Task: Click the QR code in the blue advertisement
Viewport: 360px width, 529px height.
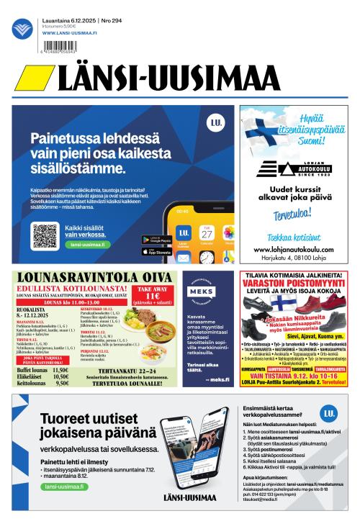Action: pyautogui.click(x=45, y=235)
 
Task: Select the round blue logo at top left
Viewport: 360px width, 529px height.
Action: pyautogui.click(x=22, y=30)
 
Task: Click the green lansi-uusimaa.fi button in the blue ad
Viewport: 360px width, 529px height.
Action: pyautogui.click(x=87, y=245)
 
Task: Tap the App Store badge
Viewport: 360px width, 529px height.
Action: pyautogui.click(x=156, y=251)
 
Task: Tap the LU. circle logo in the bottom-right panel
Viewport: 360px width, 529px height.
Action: pyautogui.click(x=329, y=413)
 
